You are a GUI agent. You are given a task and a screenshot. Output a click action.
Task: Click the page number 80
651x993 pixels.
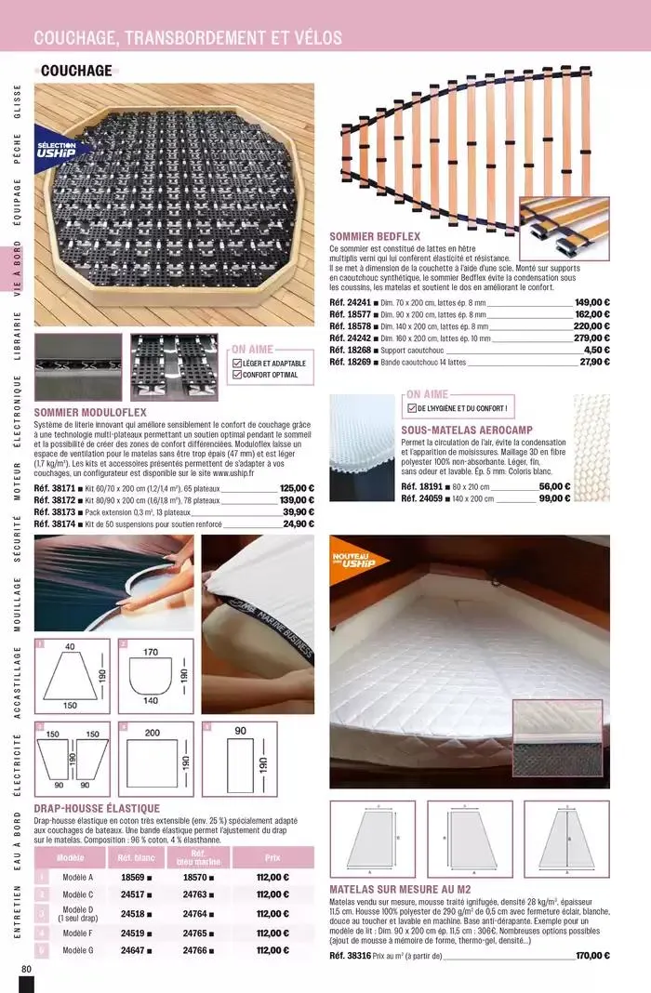tap(24, 969)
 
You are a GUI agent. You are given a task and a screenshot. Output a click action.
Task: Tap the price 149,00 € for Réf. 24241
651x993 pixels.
tap(591, 301)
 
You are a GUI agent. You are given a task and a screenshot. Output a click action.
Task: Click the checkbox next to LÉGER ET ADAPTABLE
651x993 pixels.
tap(235, 363)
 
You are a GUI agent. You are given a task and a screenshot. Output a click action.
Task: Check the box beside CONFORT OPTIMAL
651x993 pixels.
tap(235, 375)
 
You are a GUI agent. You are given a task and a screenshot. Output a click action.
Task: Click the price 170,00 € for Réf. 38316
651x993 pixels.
tap(591, 955)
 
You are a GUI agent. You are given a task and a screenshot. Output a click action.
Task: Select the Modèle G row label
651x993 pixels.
tap(77, 950)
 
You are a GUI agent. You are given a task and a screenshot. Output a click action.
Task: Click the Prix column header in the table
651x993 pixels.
tap(272, 858)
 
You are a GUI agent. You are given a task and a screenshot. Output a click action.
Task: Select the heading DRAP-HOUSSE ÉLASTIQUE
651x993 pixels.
tap(97, 809)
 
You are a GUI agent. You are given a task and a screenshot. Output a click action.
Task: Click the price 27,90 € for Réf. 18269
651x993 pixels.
tap(594, 362)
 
